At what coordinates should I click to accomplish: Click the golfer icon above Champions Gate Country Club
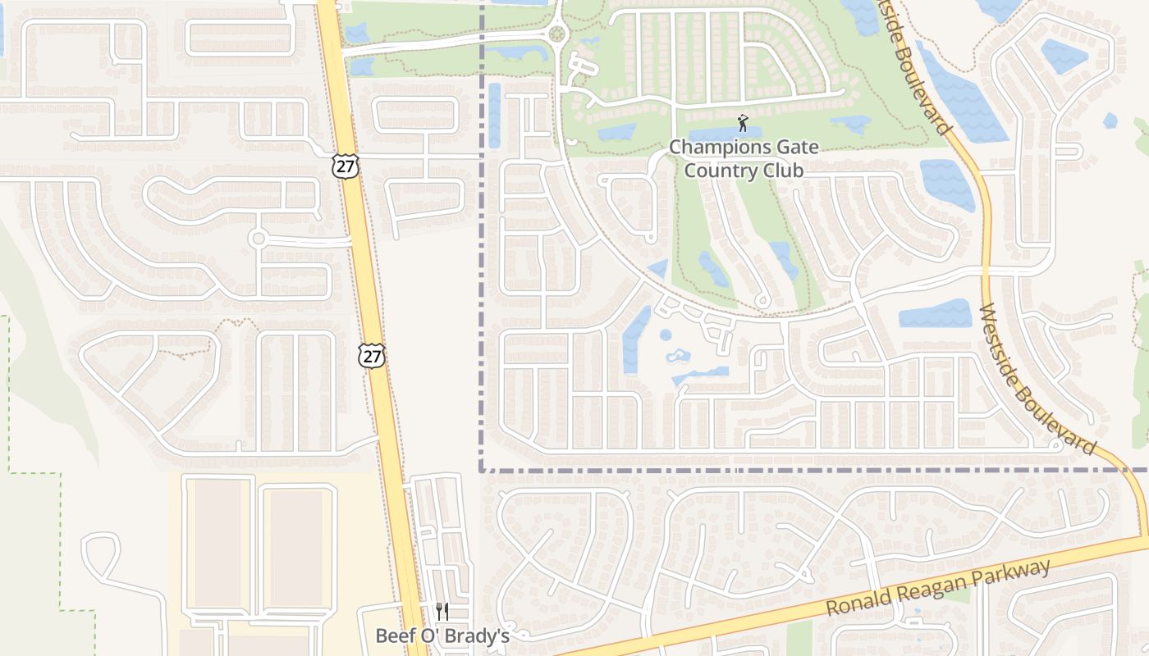click(x=743, y=123)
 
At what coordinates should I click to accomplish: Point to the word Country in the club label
click(x=719, y=171)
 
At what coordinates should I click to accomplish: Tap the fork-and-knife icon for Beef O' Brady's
click(x=442, y=611)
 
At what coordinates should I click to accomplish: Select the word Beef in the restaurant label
click(x=392, y=635)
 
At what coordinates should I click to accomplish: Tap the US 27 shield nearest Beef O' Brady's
click(x=372, y=356)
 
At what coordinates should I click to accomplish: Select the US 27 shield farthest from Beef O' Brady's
click(x=345, y=166)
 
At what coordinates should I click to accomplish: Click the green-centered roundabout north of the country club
click(x=558, y=34)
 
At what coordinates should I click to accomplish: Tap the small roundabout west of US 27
click(x=259, y=239)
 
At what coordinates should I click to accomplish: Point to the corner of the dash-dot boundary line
click(x=481, y=471)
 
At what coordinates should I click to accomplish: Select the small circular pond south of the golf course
click(x=666, y=335)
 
